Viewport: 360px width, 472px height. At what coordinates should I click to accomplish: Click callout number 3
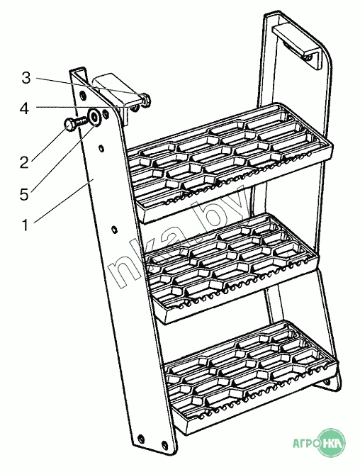coord(26,78)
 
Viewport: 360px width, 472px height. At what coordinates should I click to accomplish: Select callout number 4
coord(24,108)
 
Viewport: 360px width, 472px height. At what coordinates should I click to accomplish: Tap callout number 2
coord(24,162)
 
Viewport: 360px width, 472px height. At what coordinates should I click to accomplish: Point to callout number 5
coord(24,194)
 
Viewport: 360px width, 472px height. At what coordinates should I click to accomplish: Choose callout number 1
coord(26,225)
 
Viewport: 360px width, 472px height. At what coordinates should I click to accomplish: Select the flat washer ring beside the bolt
coord(94,117)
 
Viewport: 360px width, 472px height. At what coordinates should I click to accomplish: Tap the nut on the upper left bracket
coord(146,99)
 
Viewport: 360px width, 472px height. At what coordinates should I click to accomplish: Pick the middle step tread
coord(232,269)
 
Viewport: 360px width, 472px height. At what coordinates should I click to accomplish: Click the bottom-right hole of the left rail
coord(164,444)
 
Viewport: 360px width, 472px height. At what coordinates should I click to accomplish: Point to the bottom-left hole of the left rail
coord(140,438)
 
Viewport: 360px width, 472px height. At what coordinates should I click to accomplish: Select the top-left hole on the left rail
coord(83,96)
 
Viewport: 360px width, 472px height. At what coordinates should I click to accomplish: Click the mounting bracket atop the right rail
coord(296,45)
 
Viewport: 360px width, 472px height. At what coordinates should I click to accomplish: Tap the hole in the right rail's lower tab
coord(327,382)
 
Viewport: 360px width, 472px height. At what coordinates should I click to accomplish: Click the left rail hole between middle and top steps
coord(114,230)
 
